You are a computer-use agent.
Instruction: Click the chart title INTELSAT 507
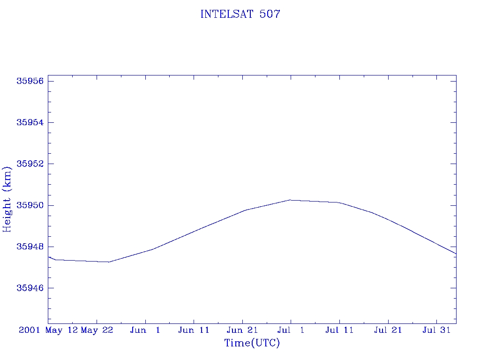point(240,14)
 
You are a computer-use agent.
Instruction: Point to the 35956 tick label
point(30,81)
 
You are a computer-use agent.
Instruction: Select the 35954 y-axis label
point(30,122)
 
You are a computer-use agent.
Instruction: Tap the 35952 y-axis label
point(30,164)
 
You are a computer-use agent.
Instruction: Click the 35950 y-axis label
point(30,205)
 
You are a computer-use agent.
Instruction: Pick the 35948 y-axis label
point(30,247)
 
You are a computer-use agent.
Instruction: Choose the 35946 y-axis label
point(30,288)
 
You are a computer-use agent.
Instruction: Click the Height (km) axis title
point(7,199)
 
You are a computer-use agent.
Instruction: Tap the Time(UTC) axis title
point(252,343)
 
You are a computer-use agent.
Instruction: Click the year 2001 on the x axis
point(30,330)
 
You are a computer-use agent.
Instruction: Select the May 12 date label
point(62,330)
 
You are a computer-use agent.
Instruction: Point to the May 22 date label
point(97,330)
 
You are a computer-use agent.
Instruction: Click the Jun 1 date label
point(145,330)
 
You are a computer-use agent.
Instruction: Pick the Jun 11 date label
point(194,330)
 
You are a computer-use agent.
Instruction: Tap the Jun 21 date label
point(242,330)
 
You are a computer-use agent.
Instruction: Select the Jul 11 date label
point(339,330)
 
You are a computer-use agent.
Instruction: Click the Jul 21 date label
point(388,330)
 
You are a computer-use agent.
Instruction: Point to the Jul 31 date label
point(436,330)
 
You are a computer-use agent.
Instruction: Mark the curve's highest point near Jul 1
point(290,200)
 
